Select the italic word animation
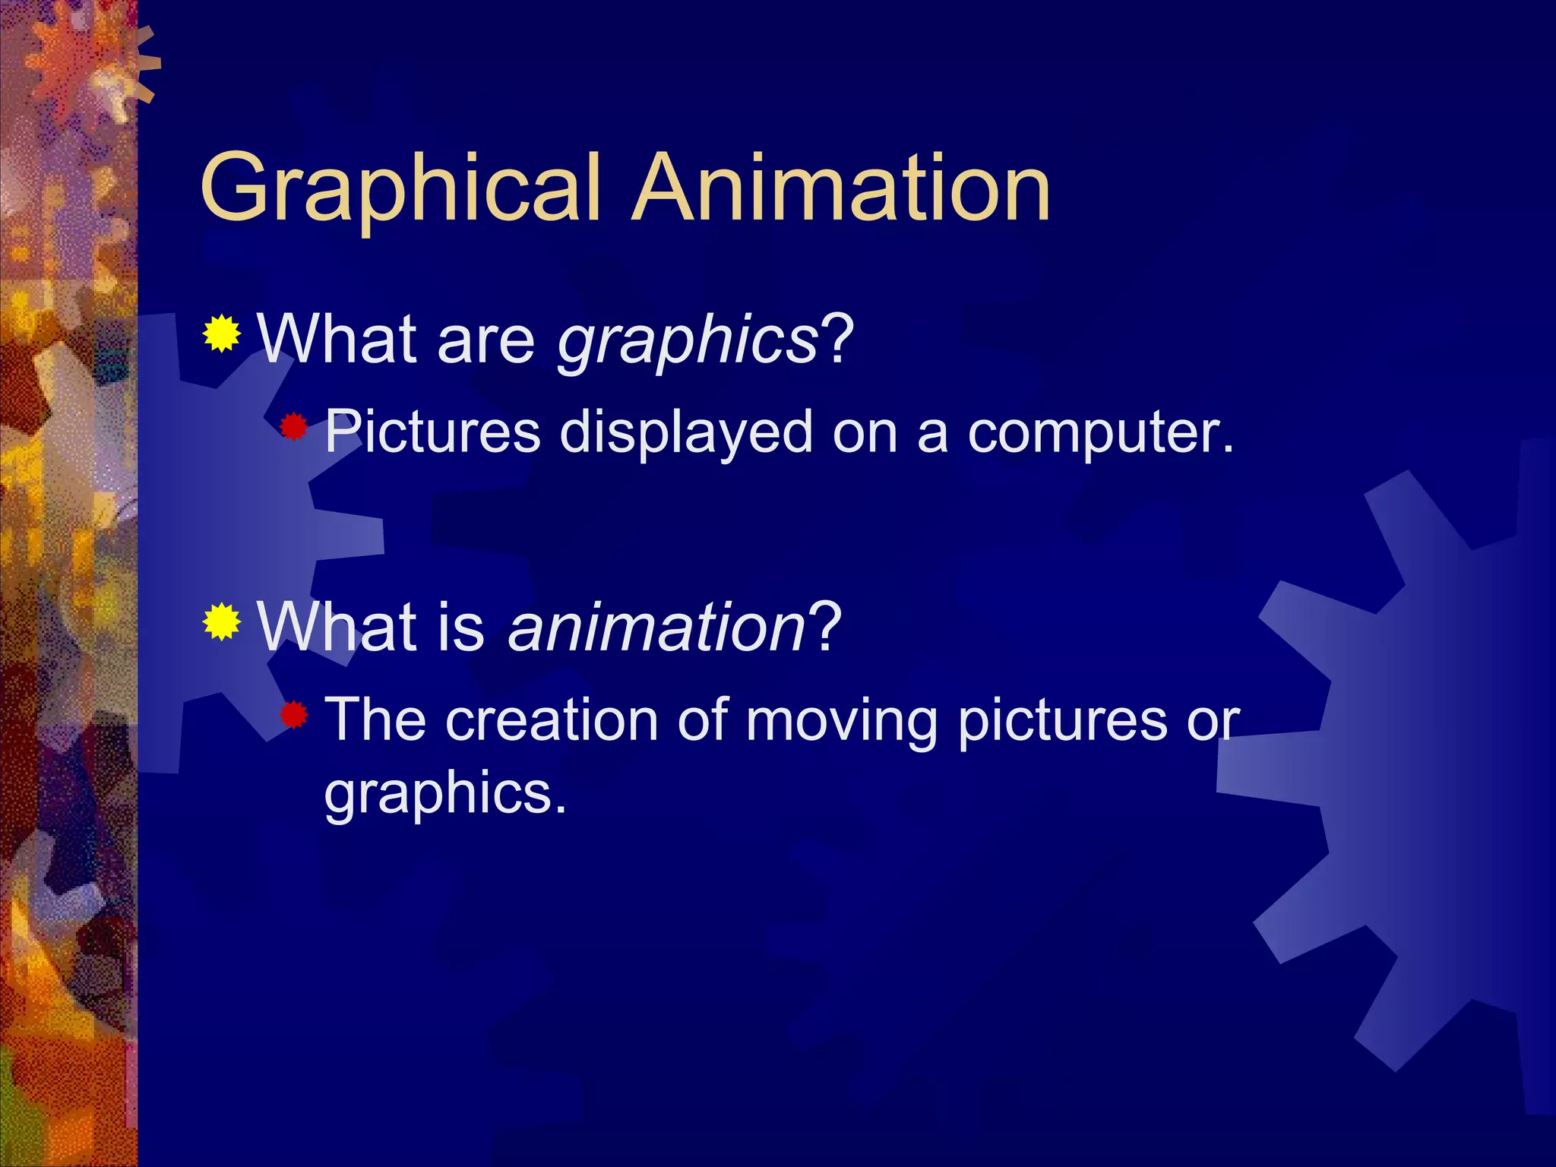(x=656, y=629)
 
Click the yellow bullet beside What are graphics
(x=222, y=334)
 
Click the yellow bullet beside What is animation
(x=222, y=622)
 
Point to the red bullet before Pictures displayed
(x=293, y=428)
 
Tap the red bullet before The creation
(x=293, y=715)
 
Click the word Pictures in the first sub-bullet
(x=432, y=432)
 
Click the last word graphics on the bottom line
(x=445, y=795)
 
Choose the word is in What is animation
(x=461, y=628)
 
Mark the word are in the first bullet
(x=486, y=341)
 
